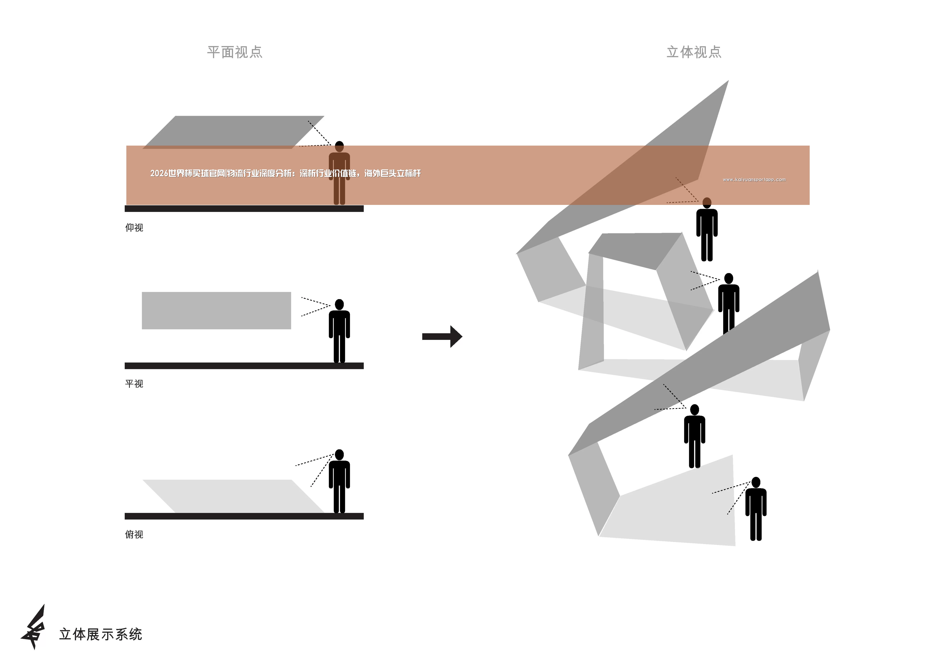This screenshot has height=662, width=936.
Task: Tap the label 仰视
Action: point(134,228)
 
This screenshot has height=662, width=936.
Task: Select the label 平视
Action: point(134,384)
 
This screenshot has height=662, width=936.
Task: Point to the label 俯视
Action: point(134,534)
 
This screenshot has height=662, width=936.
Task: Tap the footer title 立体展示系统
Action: point(101,634)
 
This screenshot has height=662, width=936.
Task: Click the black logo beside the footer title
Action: point(33,627)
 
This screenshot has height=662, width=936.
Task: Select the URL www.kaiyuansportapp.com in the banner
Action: point(754,179)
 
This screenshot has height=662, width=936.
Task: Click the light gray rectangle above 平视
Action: point(217,310)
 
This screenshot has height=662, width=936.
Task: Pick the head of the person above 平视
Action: point(339,304)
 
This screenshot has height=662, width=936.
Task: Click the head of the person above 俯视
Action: point(339,454)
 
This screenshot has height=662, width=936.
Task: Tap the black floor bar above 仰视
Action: point(244,209)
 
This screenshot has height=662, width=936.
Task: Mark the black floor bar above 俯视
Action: point(244,516)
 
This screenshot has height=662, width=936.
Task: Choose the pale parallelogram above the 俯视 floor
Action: point(233,496)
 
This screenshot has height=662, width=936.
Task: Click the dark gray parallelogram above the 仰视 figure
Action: point(233,132)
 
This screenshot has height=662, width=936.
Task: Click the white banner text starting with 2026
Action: point(285,173)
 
